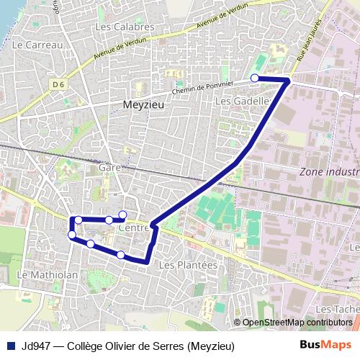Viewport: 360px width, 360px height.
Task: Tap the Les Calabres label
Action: click(x=125, y=27)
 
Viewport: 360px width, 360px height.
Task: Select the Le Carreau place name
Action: click(x=38, y=44)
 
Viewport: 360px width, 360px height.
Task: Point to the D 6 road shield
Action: click(x=58, y=84)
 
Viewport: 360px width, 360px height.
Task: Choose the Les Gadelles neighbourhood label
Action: click(x=242, y=102)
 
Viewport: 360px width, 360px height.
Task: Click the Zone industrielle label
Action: click(x=328, y=172)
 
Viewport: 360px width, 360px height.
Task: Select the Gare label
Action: click(x=109, y=167)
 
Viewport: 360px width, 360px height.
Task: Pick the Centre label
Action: click(x=132, y=228)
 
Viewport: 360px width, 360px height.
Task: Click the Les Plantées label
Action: click(x=187, y=265)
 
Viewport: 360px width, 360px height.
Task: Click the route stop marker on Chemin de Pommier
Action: click(x=255, y=78)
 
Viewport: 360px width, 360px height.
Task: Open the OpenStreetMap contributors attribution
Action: click(x=297, y=323)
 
